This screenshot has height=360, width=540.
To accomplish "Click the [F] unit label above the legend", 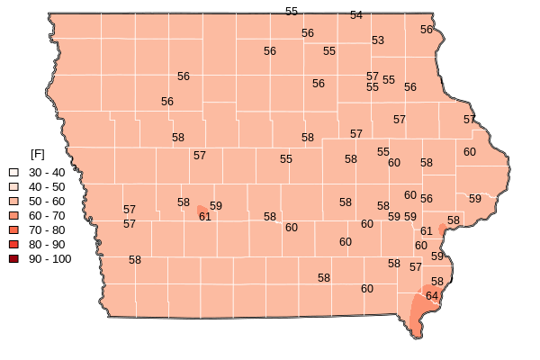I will point(38,155).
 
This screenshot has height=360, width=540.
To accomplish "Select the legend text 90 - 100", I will point(49,258).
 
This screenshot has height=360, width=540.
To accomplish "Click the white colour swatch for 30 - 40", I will point(13,172).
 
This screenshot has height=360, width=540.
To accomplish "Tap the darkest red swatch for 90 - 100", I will point(13,258).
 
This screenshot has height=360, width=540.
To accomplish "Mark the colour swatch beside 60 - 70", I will point(13,215).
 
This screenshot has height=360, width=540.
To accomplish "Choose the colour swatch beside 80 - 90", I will point(13,244).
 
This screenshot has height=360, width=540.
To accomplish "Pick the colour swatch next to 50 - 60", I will point(13,201).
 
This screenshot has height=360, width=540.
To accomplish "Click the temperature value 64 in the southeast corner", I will point(432,296).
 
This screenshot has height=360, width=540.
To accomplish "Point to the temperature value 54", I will point(356,15).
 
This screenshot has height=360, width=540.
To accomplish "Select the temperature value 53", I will point(378,40).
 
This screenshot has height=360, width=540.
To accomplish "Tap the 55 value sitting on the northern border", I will point(292,12).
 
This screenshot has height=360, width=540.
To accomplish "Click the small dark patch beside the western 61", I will point(201,210).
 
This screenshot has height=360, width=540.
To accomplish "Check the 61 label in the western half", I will point(205,217).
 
